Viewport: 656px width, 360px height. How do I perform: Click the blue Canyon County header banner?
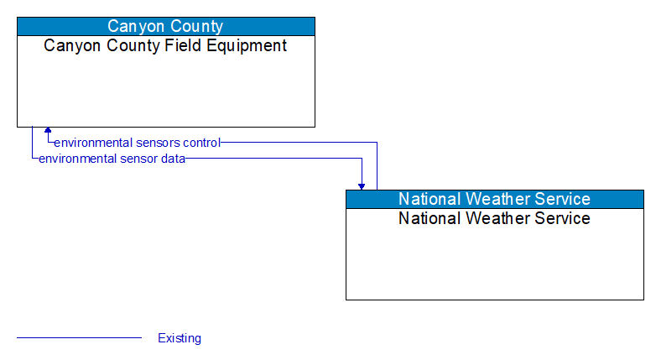(x=165, y=26)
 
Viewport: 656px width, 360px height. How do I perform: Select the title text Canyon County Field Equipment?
(x=165, y=46)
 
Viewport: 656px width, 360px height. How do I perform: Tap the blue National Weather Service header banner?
(x=494, y=199)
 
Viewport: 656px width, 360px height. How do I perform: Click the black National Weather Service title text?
(x=494, y=219)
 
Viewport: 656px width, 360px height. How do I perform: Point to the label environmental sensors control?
(x=137, y=143)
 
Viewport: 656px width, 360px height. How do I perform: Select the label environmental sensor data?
(x=112, y=158)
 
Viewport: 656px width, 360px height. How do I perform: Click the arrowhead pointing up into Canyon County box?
(x=48, y=131)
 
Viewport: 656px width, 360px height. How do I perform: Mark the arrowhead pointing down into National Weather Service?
(x=362, y=185)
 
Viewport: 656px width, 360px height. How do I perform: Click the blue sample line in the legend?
(x=79, y=338)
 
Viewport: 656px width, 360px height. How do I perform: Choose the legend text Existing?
(x=180, y=338)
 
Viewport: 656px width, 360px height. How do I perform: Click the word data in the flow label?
(x=173, y=158)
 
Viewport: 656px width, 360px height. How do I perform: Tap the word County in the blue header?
(x=197, y=26)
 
